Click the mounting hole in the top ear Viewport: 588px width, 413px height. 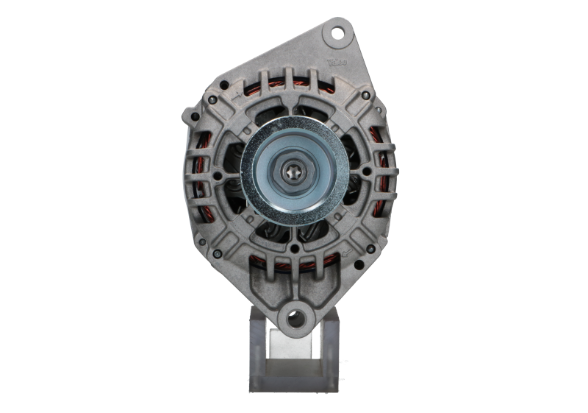pyautogui.click(x=337, y=33)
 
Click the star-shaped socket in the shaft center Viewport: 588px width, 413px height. pyautogui.click(x=293, y=171)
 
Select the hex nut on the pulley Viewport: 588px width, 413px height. pyautogui.click(x=293, y=171)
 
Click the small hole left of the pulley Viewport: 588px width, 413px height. pyautogui.click(x=218, y=175)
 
